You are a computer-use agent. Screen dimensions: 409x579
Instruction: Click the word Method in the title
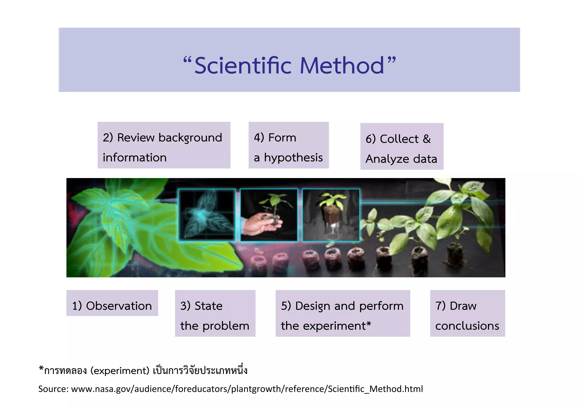click(342, 66)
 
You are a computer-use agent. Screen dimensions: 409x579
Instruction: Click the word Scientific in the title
click(243, 66)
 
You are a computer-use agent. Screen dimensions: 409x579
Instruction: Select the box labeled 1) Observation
click(112, 303)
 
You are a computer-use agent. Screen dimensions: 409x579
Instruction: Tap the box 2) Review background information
click(164, 145)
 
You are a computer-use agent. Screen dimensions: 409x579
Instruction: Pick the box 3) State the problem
click(215, 313)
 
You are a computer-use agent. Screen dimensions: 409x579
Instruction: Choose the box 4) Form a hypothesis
click(288, 145)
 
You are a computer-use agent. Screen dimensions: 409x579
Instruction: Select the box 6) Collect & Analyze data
click(401, 146)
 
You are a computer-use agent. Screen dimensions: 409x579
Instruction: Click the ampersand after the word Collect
click(427, 139)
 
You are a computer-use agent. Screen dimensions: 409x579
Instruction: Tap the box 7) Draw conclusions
click(467, 313)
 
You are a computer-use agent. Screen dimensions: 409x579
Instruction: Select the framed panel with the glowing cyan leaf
click(207, 215)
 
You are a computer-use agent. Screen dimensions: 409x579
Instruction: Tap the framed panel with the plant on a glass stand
click(331, 215)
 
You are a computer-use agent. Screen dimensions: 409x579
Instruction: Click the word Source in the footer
click(53, 389)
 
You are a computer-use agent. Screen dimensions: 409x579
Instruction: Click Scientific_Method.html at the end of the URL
click(375, 389)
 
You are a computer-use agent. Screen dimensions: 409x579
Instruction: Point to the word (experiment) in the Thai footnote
click(120, 371)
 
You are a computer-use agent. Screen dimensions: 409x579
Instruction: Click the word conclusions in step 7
click(467, 326)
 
